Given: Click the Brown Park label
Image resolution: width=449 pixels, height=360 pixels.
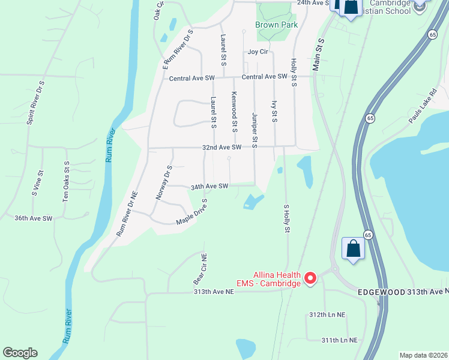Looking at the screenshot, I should pyautogui.click(x=268, y=25).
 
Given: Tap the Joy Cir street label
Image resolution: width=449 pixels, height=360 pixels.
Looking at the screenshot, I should pyautogui.click(x=258, y=52).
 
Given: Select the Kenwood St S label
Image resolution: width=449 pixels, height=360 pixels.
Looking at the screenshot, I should pyautogui.click(x=235, y=112).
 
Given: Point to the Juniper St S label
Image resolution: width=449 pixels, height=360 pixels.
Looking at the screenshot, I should pyautogui.click(x=255, y=130).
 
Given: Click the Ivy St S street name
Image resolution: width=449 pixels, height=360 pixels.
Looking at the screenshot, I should pyautogui.click(x=274, y=112).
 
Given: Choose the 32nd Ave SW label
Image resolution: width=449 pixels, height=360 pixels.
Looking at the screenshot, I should pyautogui.click(x=221, y=147).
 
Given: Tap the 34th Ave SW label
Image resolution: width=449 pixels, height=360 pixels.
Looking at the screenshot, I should pyautogui.click(x=209, y=187).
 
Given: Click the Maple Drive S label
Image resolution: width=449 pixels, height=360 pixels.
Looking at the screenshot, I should pyautogui.click(x=191, y=213).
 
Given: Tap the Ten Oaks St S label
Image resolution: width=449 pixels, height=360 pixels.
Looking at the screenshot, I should pyautogui.click(x=66, y=181).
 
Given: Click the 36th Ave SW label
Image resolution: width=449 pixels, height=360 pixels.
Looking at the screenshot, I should pyautogui.click(x=34, y=218).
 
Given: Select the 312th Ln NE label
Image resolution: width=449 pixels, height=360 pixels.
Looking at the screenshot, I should pyautogui.click(x=327, y=314).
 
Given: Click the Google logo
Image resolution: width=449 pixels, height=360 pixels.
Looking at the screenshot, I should pyautogui.click(x=20, y=353).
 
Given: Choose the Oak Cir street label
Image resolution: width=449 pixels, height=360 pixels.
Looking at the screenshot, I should pyautogui.click(x=159, y=11).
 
